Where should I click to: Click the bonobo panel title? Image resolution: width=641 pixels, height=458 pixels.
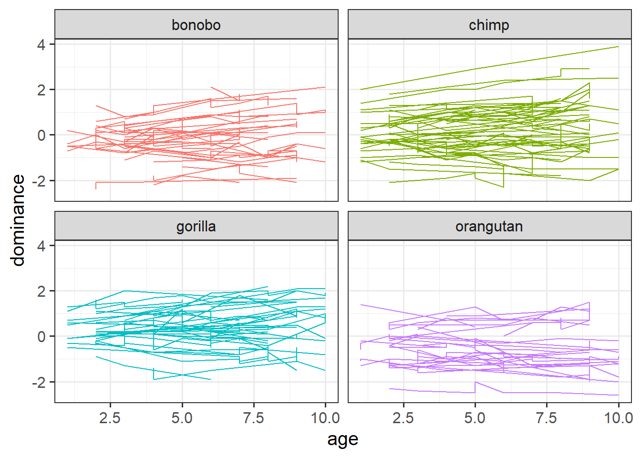(x=196, y=25)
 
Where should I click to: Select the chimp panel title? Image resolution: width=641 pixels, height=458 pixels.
(x=489, y=25)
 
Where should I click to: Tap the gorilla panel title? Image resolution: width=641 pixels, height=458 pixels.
(x=196, y=226)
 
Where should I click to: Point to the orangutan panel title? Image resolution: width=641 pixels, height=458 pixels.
(x=489, y=226)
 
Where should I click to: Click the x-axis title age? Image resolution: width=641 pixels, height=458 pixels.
(x=342, y=439)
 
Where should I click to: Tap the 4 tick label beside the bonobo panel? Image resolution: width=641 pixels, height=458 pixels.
(x=41, y=45)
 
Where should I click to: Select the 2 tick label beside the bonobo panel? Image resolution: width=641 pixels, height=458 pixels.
(x=41, y=90)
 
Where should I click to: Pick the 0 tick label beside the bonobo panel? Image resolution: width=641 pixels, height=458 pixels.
(x=41, y=135)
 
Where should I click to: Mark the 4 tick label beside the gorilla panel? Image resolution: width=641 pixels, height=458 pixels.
(x=41, y=246)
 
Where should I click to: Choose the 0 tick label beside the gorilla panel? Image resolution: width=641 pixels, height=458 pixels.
(x=41, y=337)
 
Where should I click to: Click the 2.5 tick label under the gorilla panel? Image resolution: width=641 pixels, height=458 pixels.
(x=110, y=418)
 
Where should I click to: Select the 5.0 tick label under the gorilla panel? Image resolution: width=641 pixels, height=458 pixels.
(x=182, y=418)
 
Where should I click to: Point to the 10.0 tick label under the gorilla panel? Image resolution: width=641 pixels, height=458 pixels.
(x=325, y=418)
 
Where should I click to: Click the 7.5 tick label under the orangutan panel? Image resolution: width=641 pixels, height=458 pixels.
(x=547, y=418)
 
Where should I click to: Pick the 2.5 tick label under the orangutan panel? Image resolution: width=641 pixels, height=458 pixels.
(x=403, y=418)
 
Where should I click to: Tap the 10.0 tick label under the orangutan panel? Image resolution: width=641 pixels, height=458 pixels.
(x=619, y=418)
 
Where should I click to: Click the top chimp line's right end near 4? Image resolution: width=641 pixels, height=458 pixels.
(x=618, y=47)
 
